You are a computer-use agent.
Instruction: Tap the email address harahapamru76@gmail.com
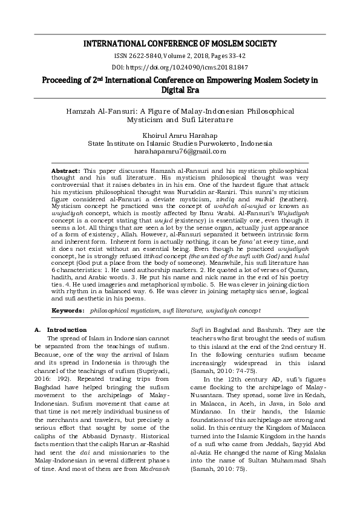pyautogui.click(x=180, y=153)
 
